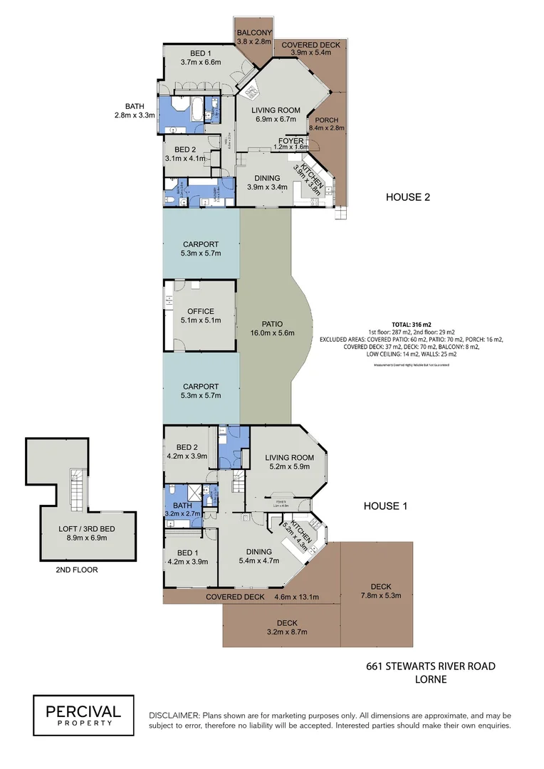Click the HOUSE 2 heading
click(x=408, y=197)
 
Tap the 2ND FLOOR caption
click(x=77, y=570)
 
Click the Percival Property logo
click(x=84, y=715)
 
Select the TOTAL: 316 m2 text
click(x=412, y=323)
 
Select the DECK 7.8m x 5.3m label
click(x=377, y=590)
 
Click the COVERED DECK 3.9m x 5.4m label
click(x=310, y=48)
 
